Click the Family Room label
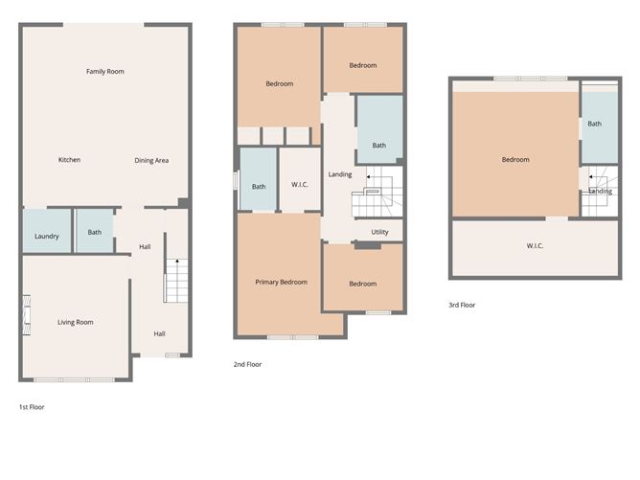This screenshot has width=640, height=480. click(105, 71)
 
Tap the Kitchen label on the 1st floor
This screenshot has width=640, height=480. click(69, 160)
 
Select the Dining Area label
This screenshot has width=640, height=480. click(151, 160)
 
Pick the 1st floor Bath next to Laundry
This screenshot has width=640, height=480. click(95, 232)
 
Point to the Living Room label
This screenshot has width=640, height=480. click(75, 322)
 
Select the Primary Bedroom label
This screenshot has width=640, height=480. click(282, 282)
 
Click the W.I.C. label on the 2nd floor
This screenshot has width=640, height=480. click(299, 186)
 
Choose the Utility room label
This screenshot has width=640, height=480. click(379, 232)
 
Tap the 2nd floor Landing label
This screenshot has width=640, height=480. click(340, 174)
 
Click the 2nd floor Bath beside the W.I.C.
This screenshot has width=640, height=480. click(259, 186)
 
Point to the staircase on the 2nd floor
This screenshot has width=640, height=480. click(373, 196)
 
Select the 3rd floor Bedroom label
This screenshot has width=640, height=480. click(515, 160)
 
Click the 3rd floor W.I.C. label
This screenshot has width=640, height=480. click(535, 246)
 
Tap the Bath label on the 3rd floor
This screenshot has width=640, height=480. click(595, 124)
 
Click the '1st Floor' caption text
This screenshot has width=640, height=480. click(32, 407)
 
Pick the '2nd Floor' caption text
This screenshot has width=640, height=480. click(247, 364)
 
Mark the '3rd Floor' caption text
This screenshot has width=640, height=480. click(462, 305)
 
